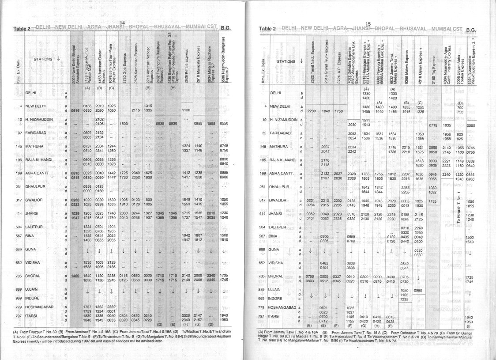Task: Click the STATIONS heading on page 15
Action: [x=286, y=61]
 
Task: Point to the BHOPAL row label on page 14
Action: [x=33, y=276]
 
